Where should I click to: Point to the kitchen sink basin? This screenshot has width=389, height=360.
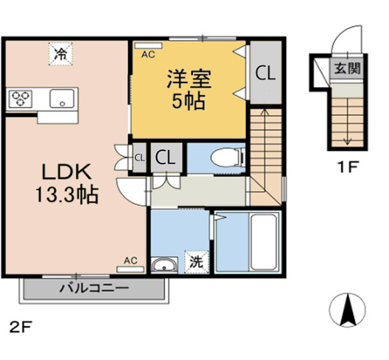pos(61,98)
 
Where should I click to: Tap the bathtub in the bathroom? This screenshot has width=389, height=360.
pos(261,241)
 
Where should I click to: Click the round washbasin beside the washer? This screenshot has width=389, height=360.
pos(162,265)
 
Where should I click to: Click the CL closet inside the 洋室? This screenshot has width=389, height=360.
pos(265,75)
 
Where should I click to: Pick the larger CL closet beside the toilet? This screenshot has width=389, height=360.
pos(166,157)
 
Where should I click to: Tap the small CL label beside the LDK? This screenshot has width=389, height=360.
pos(139,158)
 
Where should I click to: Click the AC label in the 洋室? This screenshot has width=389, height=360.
pos(148,53)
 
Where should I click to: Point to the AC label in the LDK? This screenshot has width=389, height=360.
pos(131,259)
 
